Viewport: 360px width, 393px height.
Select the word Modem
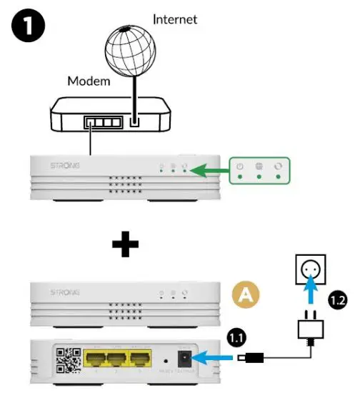coord(89,81)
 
